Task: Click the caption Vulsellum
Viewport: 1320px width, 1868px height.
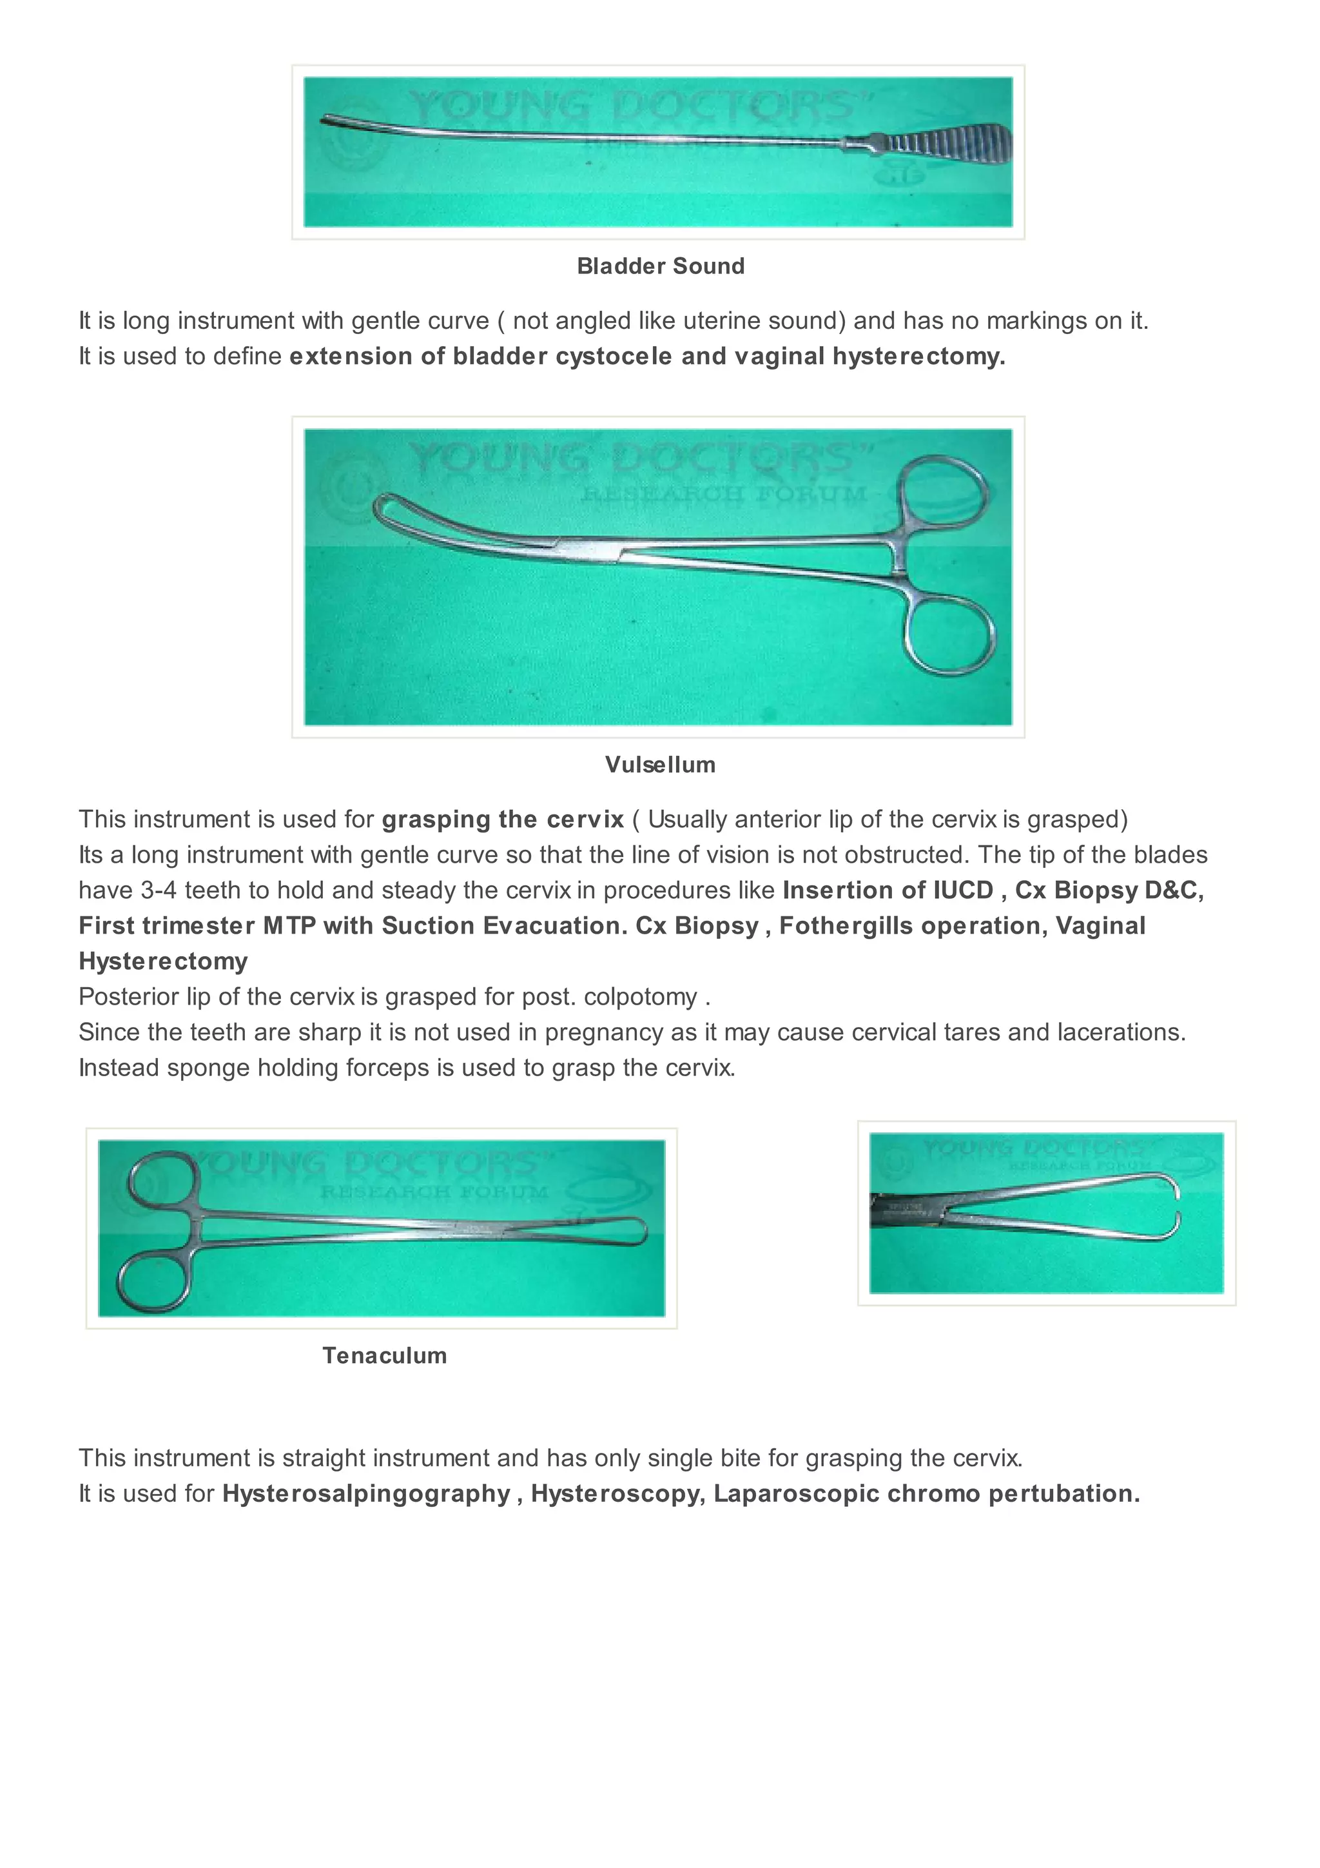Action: point(659,765)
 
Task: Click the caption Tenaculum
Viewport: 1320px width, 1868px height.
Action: point(385,1355)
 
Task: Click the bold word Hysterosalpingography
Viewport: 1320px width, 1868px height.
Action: point(366,1494)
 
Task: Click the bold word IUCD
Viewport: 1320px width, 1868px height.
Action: point(963,890)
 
